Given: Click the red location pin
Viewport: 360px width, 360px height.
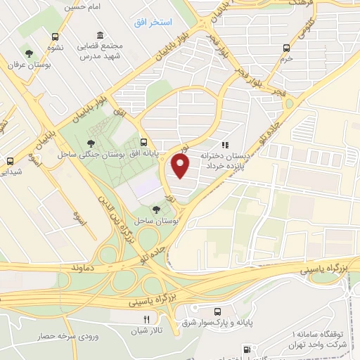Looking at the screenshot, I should point(181,166).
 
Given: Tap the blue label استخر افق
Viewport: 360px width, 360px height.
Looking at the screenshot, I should point(153,22).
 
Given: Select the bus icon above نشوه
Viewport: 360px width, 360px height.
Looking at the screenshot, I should point(55,37).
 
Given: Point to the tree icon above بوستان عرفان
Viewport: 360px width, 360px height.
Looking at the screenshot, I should point(29,53).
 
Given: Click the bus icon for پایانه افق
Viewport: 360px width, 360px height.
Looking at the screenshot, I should point(144,141).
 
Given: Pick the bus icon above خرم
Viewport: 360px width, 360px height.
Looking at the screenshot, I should point(285,48).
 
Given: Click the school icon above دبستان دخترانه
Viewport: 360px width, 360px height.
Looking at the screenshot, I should point(225,144).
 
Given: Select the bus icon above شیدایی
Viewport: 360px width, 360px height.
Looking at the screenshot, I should point(10,161).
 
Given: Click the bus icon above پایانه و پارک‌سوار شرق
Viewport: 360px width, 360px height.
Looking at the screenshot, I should point(217,311).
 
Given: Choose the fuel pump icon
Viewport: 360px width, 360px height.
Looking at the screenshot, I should point(247,349).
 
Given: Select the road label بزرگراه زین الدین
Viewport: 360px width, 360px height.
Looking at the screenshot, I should point(118,211).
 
